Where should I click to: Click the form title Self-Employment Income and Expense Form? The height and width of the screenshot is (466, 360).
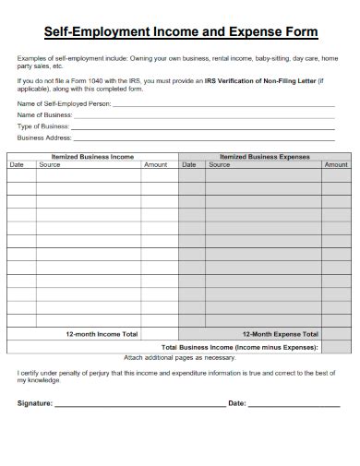pos(180,31)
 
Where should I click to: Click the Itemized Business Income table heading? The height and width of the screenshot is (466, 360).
pos(92,157)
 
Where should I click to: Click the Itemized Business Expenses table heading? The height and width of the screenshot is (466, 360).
pos(265,157)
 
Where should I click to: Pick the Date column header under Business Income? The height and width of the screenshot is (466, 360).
pos(17,165)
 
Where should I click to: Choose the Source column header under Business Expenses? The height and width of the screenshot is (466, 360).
pos(220,165)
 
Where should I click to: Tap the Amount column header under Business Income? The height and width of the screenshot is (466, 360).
pos(156,165)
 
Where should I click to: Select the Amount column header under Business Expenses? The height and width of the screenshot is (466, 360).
pos(335,165)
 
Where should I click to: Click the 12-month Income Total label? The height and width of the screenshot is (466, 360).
pos(102,334)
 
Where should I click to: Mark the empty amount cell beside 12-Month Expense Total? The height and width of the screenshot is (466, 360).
pos(337,334)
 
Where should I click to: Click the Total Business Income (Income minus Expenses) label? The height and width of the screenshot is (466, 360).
pos(240,347)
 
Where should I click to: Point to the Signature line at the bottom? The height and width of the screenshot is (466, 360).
pos(138,403)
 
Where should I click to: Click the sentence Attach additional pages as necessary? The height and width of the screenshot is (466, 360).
pos(180,357)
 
